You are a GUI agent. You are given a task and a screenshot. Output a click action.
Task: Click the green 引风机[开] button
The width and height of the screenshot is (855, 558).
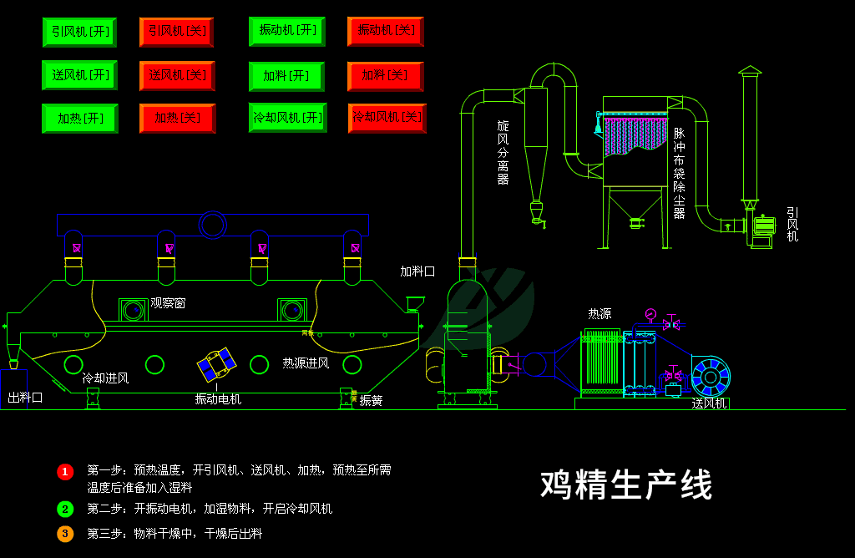pos(79,32)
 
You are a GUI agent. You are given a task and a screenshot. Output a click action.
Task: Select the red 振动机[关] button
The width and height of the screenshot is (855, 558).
pos(385,31)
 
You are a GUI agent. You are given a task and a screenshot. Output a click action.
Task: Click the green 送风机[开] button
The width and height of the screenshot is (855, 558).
pos(79,75)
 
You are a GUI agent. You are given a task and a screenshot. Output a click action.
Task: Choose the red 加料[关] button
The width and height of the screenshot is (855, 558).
pos(385,76)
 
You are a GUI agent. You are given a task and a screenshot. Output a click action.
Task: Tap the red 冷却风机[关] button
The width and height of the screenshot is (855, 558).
pos(387,118)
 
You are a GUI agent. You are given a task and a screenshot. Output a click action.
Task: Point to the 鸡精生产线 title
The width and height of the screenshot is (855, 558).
pos(626,484)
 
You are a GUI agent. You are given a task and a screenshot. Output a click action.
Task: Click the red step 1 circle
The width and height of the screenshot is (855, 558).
pos(65,472)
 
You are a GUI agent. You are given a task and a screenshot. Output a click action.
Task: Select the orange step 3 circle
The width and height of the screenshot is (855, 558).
pos(65,533)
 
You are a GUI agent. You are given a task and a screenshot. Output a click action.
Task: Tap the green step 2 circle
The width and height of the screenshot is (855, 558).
pos(65,509)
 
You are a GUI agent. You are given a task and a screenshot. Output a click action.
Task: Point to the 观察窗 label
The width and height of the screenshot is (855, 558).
pos(168,303)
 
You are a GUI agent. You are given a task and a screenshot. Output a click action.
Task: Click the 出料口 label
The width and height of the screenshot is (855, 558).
pos(25,398)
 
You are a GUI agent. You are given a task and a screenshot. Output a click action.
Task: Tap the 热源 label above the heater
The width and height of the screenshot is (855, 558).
pos(600,314)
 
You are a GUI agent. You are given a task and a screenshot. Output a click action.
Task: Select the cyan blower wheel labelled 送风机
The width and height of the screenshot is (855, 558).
pos(710,377)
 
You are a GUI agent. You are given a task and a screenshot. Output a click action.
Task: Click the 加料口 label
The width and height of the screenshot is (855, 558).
pos(417,271)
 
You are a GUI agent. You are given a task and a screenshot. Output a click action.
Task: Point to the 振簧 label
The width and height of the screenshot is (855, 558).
pos(371,401)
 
